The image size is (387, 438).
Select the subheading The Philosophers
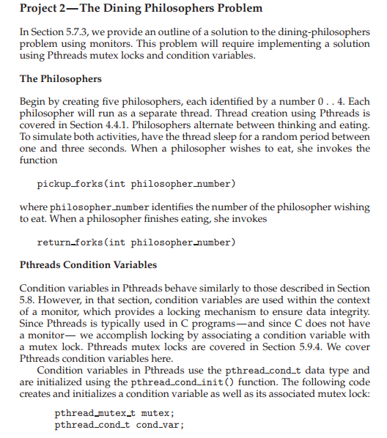point(60,78)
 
